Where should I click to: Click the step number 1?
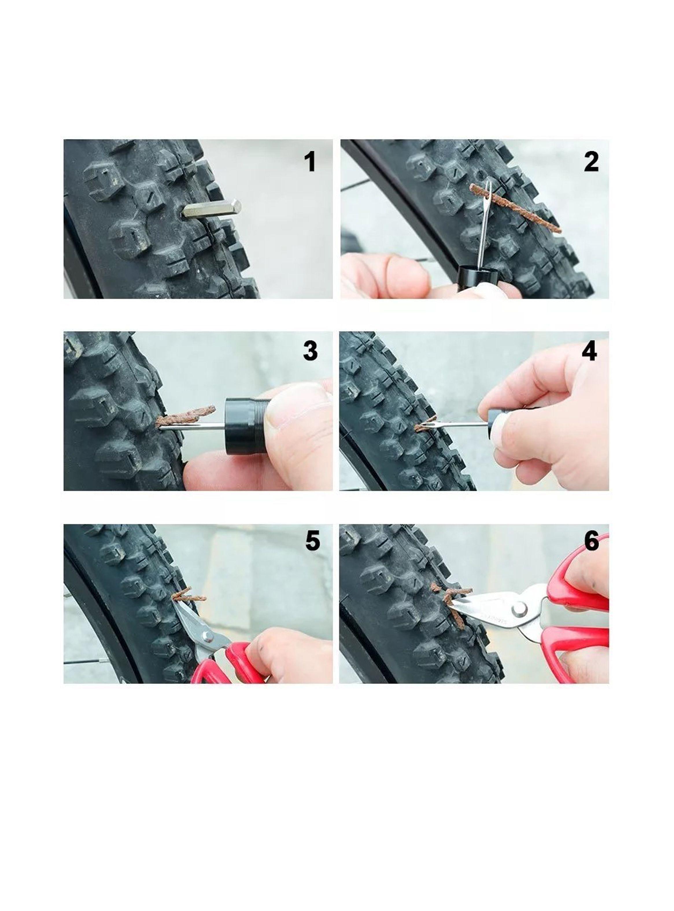click(x=311, y=162)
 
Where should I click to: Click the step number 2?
click(x=591, y=162)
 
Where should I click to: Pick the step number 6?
click(x=591, y=541)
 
